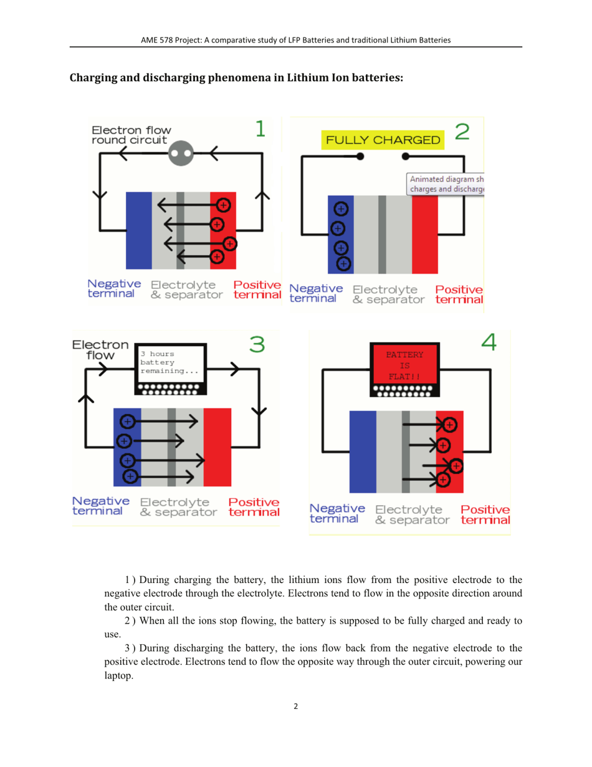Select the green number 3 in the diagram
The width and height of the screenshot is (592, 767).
[256, 344]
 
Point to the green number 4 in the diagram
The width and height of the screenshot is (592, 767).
[489, 342]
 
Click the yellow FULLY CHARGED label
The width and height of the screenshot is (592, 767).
[383, 140]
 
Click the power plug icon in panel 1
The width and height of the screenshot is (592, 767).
[182, 152]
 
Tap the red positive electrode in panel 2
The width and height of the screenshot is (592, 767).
[425, 234]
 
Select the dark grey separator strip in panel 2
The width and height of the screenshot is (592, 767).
[382, 234]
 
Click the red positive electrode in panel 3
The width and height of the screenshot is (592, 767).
[217, 446]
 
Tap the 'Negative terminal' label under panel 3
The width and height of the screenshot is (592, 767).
[101, 506]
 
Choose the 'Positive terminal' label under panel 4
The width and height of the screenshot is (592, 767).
[485, 514]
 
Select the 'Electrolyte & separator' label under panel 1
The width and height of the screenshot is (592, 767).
[186, 290]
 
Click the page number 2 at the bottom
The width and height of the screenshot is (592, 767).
[295, 707]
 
